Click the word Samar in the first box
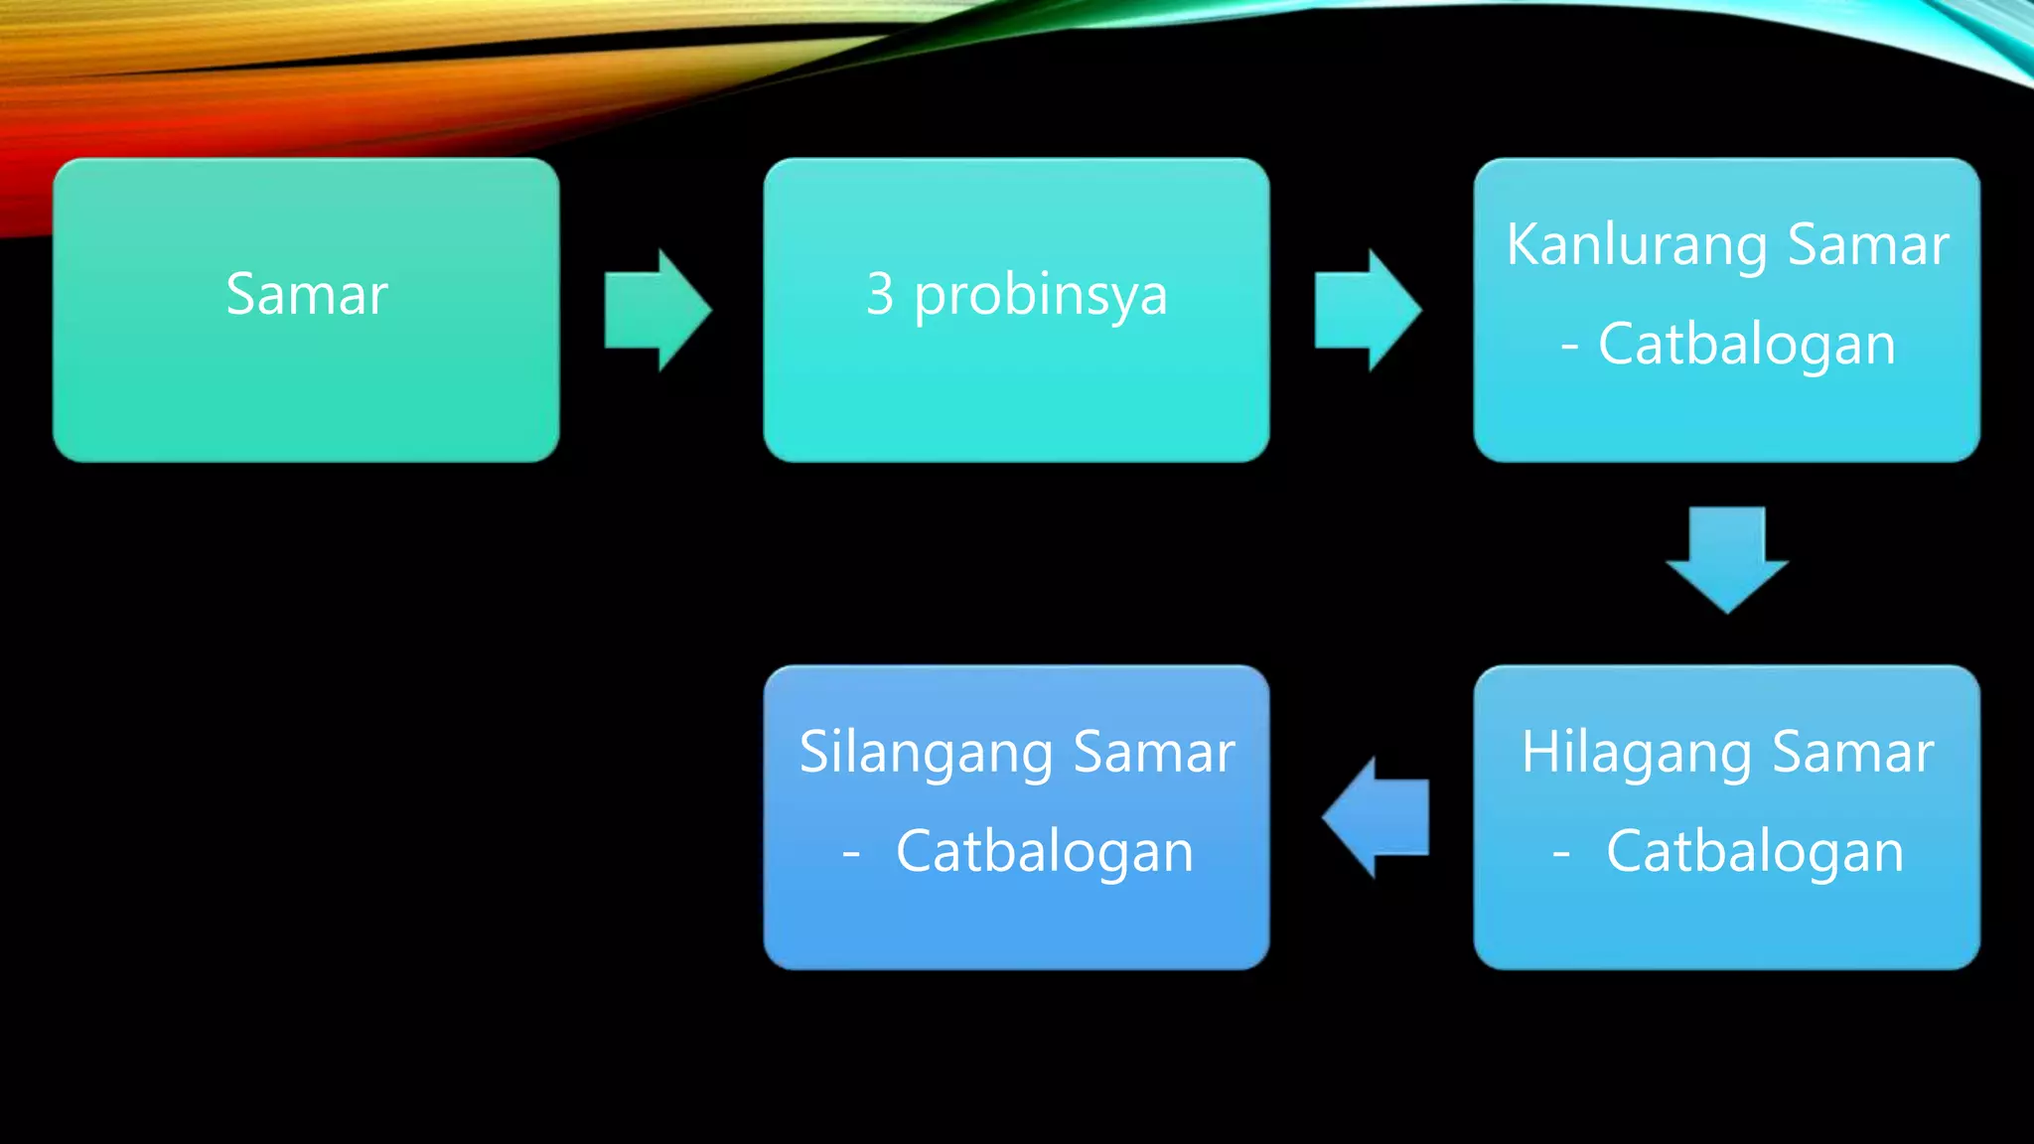(306, 294)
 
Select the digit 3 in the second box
(880, 294)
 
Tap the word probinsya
(1040, 296)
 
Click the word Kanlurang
(1636, 246)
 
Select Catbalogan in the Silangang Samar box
(1044, 852)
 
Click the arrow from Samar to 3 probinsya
(656, 310)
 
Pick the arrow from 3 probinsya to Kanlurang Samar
(1367, 310)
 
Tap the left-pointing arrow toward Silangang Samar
(1377, 817)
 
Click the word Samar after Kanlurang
(1868, 244)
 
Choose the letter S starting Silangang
(813, 752)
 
